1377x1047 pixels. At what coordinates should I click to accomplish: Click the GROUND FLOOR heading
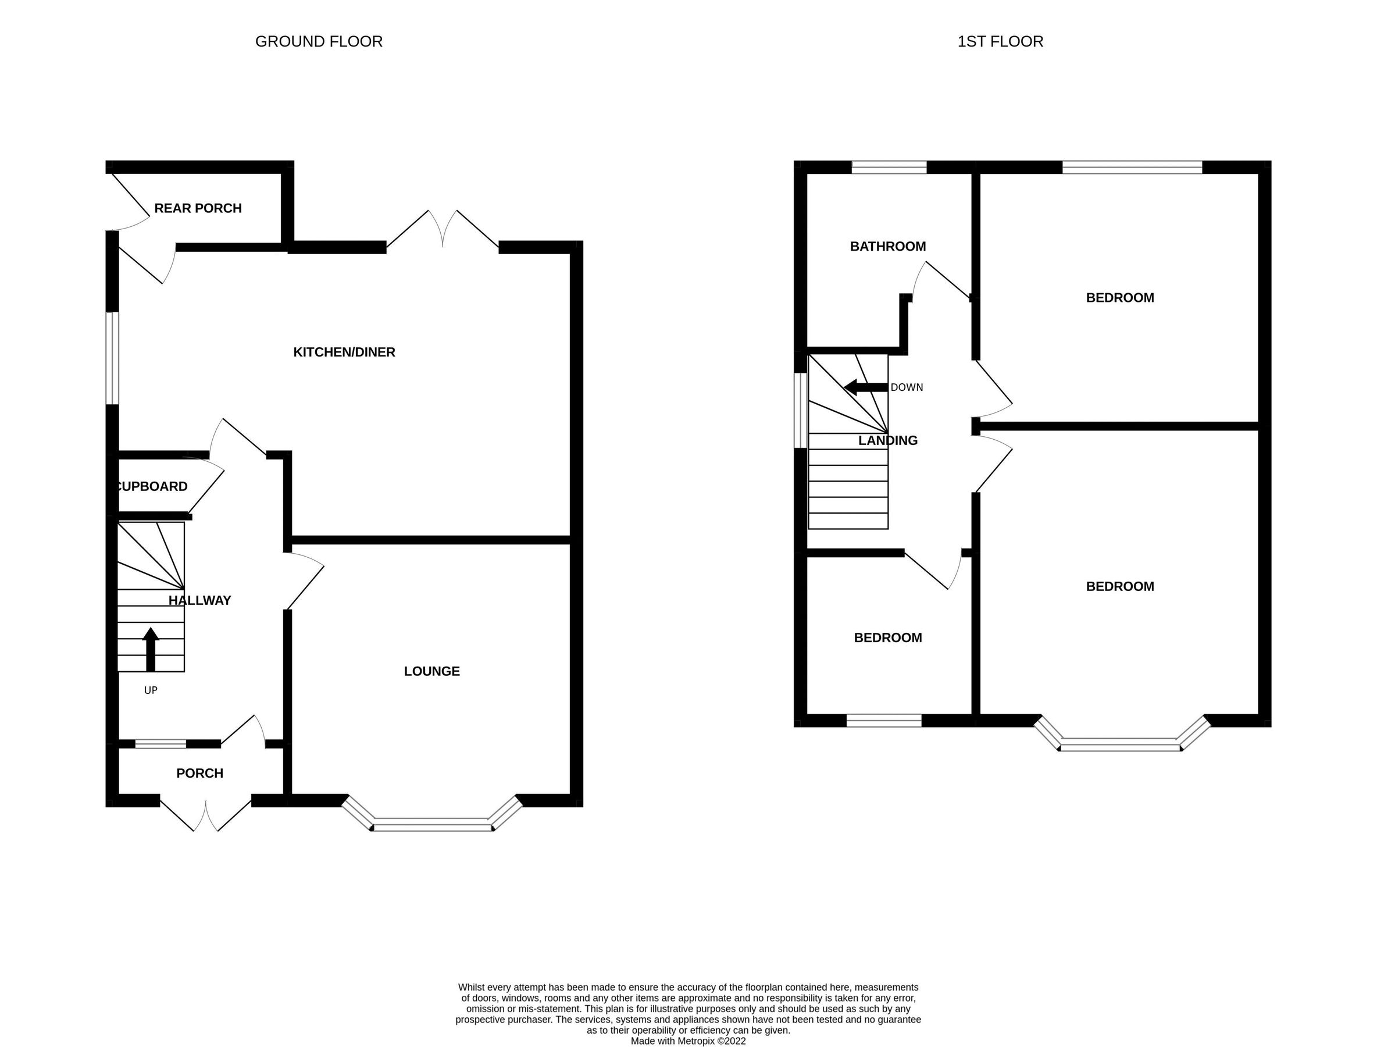click(x=319, y=42)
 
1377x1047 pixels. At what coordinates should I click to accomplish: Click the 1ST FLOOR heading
click(x=1000, y=42)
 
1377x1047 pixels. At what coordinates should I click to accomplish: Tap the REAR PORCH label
click(x=198, y=208)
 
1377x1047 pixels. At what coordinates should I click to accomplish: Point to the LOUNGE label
click(x=432, y=671)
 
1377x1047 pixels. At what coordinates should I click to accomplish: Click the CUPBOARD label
click(x=153, y=486)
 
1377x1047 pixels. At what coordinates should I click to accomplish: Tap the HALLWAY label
click(x=199, y=600)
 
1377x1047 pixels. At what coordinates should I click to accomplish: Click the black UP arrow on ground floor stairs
click(x=151, y=649)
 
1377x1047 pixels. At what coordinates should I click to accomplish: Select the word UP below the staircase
click(x=151, y=690)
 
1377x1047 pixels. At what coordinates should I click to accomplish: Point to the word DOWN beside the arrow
click(x=907, y=387)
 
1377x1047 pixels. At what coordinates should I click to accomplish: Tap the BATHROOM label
click(x=887, y=246)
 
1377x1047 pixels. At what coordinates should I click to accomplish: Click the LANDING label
click(x=887, y=441)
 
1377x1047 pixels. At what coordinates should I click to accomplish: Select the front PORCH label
click(x=199, y=773)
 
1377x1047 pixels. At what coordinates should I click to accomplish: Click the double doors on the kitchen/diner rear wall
click(x=443, y=230)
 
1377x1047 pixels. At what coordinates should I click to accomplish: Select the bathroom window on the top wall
click(x=889, y=167)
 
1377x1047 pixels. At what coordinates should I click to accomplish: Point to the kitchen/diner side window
click(x=112, y=358)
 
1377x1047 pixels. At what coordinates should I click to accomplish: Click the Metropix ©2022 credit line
click(x=688, y=1041)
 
